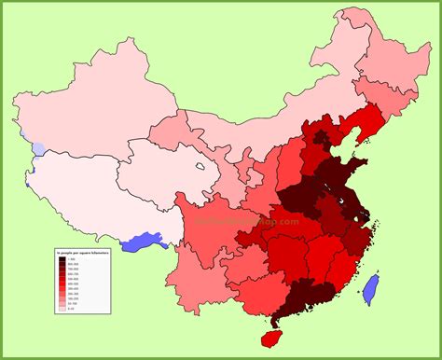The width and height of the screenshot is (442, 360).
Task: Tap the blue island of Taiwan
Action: [370, 290]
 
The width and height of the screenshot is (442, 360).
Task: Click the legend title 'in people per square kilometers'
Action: [82, 252]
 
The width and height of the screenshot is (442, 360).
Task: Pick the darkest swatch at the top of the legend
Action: [62, 258]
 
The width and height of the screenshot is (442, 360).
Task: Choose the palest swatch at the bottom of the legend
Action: [62, 308]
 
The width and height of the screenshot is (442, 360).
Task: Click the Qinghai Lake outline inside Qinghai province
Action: [200, 171]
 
